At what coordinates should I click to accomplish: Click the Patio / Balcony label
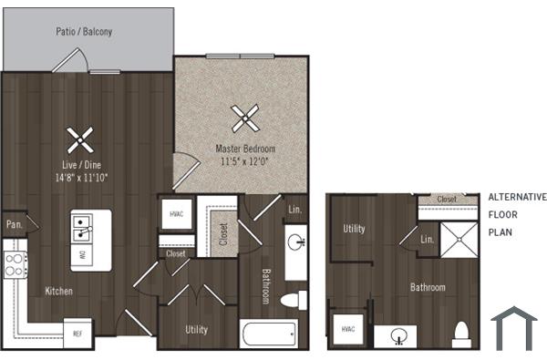(x=84, y=32)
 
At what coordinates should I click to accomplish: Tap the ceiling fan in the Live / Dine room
(x=80, y=139)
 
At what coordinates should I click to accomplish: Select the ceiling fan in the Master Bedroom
(x=244, y=117)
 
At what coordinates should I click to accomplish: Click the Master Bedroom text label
(x=245, y=148)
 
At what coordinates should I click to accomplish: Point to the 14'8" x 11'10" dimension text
(x=81, y=177)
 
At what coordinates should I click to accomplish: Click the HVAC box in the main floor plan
(x=177, y=215)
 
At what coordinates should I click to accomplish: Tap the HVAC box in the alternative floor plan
(x=346, y=329)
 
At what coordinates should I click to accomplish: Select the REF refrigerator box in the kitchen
(x=78, y=333)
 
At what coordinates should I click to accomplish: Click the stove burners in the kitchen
(x=15, y=264)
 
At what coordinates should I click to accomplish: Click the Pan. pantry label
(x=14, y=223)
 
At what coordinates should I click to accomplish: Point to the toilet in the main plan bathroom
(x=293, y=300)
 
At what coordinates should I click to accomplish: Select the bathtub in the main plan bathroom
(x=273, y=332)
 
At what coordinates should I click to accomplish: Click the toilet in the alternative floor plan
(x=461, y=331)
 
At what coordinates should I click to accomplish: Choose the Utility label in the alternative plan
(x=354, y=229)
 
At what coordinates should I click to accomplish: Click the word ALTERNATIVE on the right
(x=517, y=197)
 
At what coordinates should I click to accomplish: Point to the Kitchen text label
(x=59, y=292)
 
